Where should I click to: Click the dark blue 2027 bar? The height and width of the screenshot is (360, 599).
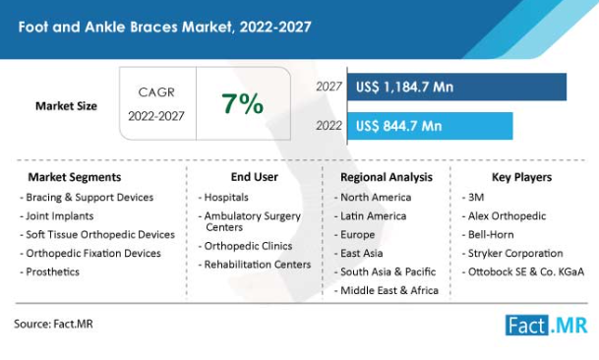coord(457,87)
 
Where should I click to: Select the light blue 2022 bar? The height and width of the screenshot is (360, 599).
coord(430,126)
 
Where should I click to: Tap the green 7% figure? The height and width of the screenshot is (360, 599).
coord(243,103)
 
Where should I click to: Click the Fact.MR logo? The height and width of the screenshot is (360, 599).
coord(546,326)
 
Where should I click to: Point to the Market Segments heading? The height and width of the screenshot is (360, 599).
coord(75,177)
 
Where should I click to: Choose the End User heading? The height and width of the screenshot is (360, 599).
coord(255,177)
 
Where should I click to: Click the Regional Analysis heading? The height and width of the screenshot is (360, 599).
coord(387,177)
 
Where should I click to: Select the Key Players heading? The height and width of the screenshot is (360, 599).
coord(521,177)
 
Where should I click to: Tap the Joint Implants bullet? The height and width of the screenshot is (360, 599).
coord(57,216)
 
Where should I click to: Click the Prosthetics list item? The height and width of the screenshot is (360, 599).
coord(49,271)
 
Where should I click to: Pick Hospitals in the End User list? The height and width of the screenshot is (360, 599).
coord(223,197)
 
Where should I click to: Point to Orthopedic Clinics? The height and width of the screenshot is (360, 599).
coord(245,246)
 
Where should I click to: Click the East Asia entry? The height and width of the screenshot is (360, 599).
coord(358,253)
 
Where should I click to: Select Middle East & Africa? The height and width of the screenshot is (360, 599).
coord(387,290)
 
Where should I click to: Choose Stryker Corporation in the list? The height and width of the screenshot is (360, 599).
coord(512,253)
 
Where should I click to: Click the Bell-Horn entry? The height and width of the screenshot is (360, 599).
coord(488,234)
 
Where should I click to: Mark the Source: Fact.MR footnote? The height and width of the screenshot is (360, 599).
coord(53,324)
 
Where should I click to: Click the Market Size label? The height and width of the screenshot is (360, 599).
coord(66,106)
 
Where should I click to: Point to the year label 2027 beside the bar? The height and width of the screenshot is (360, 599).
coord(329,87)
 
